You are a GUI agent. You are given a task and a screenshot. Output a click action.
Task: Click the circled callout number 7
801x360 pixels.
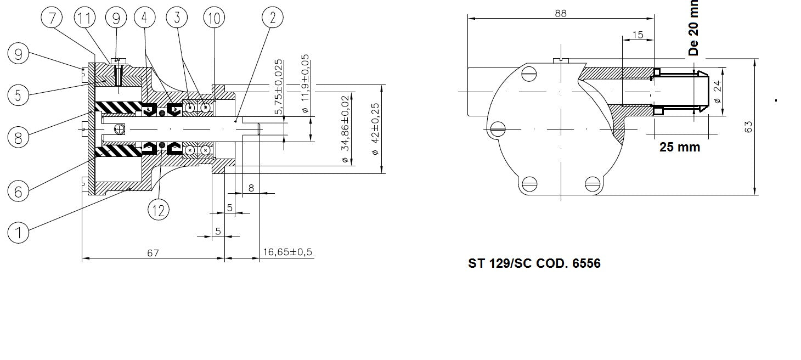(52, 19)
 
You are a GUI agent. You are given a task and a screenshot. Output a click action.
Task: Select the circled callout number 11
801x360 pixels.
(84, 19)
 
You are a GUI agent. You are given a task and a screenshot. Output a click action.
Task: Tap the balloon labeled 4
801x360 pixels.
(144, 19)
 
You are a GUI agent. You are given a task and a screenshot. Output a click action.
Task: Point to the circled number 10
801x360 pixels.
(215, 19)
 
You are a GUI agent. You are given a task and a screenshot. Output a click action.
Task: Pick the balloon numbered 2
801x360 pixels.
(273, 19)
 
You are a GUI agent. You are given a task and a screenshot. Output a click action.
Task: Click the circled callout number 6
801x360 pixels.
(19, 191)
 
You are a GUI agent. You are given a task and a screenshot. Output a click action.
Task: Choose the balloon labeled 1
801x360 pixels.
(19, 233)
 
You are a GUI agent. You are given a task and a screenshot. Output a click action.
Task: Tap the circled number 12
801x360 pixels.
(159, 209)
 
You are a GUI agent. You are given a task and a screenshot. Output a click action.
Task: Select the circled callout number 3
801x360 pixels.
(177, 19)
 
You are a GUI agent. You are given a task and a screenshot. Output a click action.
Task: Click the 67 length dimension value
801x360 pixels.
(153, 252)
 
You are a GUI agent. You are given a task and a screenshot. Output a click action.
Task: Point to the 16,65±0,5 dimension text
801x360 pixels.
(287, 252)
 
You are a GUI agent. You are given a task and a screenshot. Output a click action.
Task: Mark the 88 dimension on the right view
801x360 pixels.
(560, 13)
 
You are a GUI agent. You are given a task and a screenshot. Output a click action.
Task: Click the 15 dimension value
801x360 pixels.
(638, 35)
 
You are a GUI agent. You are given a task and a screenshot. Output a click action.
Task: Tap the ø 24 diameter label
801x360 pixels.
(717, 92)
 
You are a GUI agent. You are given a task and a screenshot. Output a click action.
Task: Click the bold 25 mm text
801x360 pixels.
(680, 147)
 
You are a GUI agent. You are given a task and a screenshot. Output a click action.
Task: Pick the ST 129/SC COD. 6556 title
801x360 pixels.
(534, 263)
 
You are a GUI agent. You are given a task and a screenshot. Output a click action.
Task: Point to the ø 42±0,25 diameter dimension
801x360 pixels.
(375, 129)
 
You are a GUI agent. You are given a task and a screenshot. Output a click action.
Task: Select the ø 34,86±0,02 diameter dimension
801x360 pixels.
(345, 130)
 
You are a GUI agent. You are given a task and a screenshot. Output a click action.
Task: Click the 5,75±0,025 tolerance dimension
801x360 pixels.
(279, 87)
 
